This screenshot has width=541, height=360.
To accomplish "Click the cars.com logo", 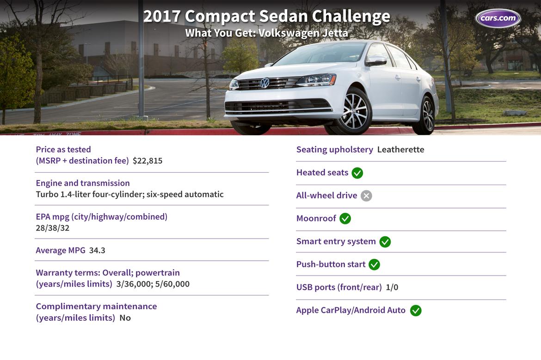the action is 498,18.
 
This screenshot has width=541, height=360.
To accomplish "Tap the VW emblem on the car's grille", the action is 264,83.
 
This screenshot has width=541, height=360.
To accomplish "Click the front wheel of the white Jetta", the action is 355,111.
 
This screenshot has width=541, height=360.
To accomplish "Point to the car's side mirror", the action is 376,61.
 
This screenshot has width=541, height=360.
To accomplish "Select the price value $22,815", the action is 148,161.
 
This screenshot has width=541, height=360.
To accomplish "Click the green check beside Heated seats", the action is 357,173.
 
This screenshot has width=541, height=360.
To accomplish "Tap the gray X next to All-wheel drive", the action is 366,196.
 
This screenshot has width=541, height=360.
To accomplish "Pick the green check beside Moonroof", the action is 345,218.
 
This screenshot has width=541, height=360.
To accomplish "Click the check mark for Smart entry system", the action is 385,242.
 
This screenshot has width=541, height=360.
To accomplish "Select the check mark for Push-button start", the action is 375,264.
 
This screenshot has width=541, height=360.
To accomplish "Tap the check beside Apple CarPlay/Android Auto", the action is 416,311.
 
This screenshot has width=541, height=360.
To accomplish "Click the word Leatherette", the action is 400,150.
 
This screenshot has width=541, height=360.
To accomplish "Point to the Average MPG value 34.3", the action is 97,251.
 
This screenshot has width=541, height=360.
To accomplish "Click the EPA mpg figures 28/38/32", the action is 52,228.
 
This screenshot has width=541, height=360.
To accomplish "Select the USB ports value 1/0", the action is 392,288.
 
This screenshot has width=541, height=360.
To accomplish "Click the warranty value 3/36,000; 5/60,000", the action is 153,284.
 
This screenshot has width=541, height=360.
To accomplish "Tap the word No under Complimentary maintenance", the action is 125,318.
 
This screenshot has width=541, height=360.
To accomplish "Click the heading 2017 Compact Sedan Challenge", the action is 267,16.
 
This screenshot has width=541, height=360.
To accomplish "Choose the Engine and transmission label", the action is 83,183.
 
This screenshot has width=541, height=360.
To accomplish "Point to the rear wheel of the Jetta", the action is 428,115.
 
